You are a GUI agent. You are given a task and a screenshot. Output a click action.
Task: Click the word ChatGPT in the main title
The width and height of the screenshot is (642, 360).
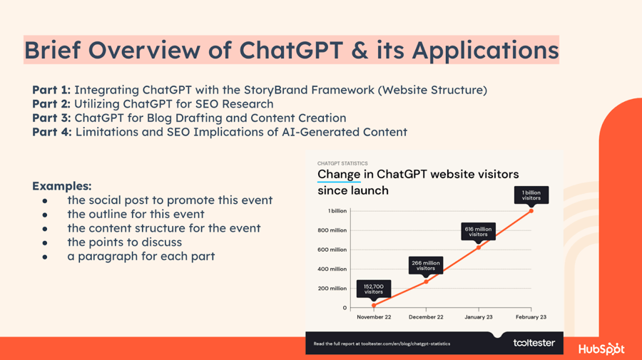(x=291, y=50)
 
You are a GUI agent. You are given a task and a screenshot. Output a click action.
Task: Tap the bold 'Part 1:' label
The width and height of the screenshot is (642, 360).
(x=51, y=90)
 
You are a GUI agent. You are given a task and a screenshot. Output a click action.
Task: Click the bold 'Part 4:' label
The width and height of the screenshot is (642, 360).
(x=52, y=132)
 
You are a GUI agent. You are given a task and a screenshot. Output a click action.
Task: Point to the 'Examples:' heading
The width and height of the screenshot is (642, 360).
(x=62, y=186)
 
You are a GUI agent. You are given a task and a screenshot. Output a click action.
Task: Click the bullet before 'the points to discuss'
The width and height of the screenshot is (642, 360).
(x=45, y=242)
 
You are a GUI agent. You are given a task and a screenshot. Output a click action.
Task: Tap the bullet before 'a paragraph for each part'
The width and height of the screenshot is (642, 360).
(x=45, y=257)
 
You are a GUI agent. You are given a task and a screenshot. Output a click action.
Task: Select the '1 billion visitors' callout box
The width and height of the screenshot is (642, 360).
(x=531, y=195)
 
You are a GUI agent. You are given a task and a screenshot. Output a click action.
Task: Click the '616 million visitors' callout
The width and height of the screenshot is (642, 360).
(x=478, y=232)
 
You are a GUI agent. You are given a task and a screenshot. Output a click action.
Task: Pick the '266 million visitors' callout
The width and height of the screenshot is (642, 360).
(x=426, y=266)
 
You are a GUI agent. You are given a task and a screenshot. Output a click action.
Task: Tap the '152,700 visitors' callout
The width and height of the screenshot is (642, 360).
(x=373, y=289)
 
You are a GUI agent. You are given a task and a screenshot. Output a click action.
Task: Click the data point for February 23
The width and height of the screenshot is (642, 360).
(x=531, y=211)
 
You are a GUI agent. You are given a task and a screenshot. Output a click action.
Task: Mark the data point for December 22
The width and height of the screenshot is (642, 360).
(x=426, y=282)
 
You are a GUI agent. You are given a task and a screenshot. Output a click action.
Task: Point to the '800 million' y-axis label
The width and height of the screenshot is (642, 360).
(x=332, y=230)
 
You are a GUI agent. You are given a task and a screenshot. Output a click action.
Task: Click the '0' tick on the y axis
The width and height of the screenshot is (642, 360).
(x=345, y=308)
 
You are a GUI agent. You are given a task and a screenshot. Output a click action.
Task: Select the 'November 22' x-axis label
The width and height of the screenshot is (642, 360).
(x=374, y=317)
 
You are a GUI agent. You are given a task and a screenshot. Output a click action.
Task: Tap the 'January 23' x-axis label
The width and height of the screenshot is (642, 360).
(x=478, y=317)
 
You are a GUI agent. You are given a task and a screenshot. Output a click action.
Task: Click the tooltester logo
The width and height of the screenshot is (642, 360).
(x=534, y=343)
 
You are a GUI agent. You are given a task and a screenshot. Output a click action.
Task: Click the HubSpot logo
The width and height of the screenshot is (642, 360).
(x=601, y=349)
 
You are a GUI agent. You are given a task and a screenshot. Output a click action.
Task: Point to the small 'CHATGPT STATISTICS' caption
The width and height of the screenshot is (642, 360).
(x=342, y=163)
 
